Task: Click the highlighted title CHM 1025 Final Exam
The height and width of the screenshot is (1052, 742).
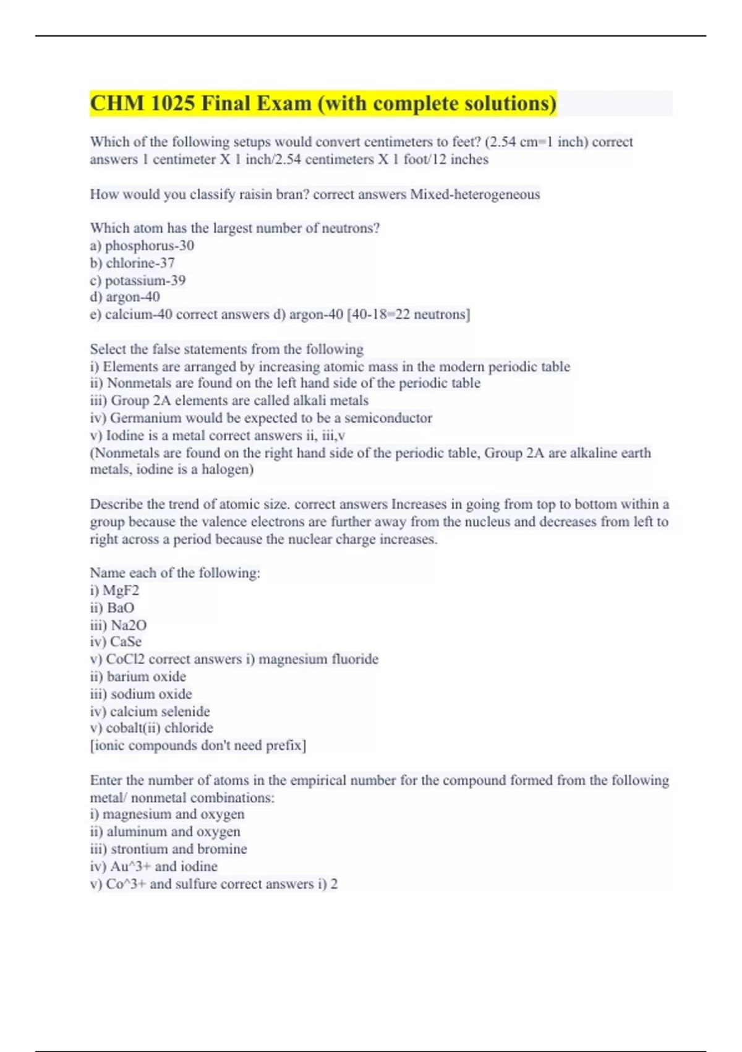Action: pyautogui.click(x=323, y=103)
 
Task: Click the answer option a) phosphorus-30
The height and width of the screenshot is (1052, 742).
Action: pyautogui.click(x=142, y=246)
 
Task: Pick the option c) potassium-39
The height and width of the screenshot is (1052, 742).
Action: pyautogui.click(x=138, y=280)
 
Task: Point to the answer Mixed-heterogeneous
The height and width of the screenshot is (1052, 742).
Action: pyautogui.click(x=475, y=194)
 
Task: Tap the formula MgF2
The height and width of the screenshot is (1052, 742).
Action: pyautogui.click(x=121, y=590)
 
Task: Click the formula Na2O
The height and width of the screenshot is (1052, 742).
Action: pyautogui.click(x=129, y=625)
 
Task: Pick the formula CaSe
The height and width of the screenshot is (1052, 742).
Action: pyautogui.click(x=126, y=642)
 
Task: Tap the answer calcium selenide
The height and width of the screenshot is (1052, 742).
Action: pyautogui.click(x=160, y=711)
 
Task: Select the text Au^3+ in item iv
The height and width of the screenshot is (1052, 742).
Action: pyautogui.click(x=130, y=866)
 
